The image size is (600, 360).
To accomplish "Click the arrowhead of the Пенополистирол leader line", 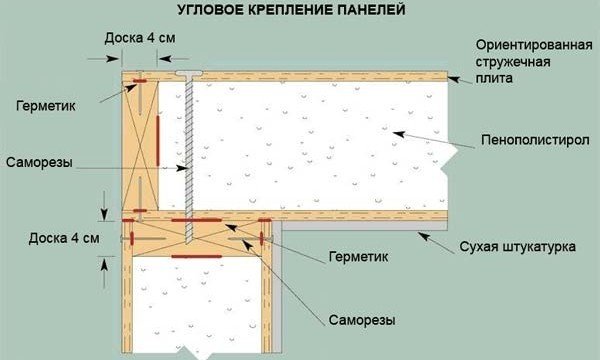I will tap(394, 130).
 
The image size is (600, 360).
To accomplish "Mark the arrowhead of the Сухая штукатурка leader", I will tap(421, 233).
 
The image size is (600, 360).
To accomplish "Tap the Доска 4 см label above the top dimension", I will tap(140, 37).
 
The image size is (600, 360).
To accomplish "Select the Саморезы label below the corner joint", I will tap(361, 321).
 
